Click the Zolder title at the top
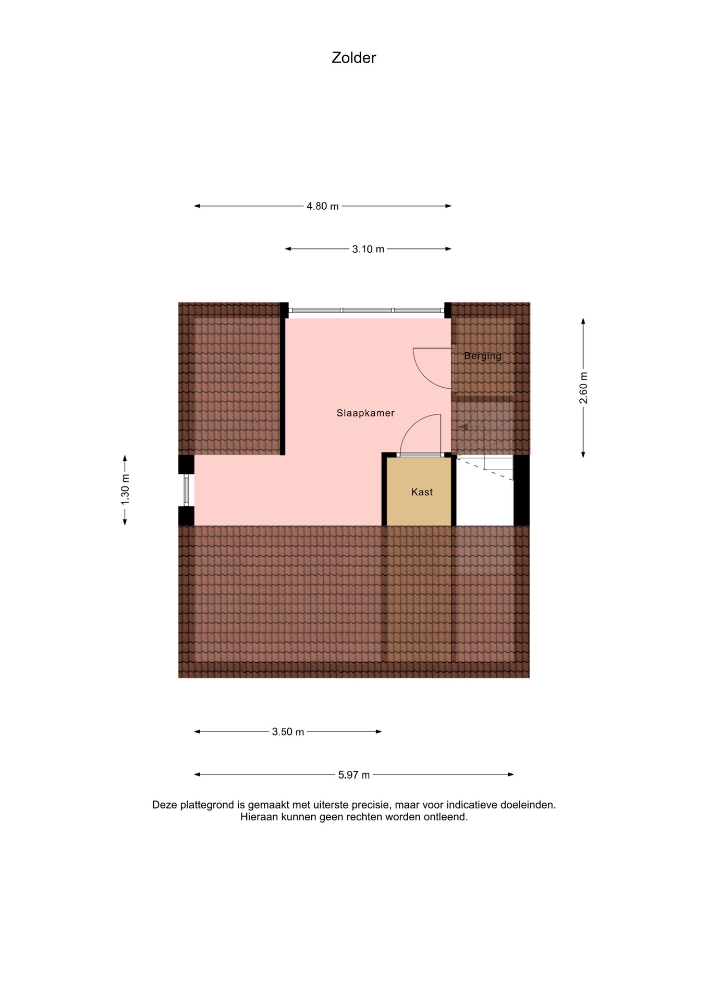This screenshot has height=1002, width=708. pos(353,57)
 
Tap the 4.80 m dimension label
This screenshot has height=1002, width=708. pos(323,206)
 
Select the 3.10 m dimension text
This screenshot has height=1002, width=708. pos(368,249)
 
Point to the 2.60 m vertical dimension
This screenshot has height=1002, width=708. pos(583,388)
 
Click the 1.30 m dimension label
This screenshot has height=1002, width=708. pos(125,490)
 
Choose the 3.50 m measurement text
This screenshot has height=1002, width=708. pos(288,732)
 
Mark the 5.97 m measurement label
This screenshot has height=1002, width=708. pos(354,775)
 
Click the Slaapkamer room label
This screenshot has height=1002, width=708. pos(365,413)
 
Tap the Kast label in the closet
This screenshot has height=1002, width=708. pos(422,492)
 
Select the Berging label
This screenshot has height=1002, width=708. pos(483,356)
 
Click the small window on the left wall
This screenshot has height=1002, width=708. pos(186,490)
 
